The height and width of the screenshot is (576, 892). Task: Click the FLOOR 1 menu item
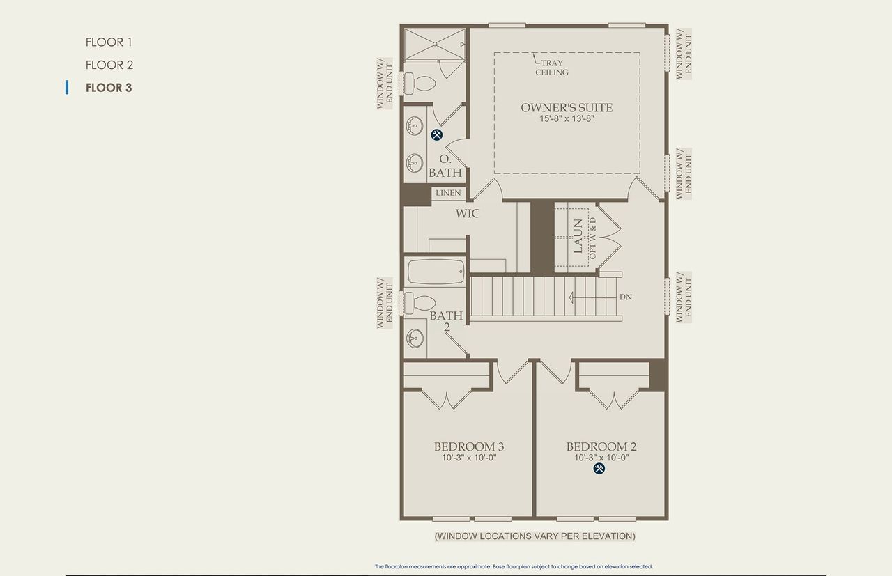click(x=109, y=42)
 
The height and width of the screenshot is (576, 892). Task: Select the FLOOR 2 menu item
click(x=109, y=65)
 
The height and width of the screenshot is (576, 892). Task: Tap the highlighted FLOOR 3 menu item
click(x=109, y=88)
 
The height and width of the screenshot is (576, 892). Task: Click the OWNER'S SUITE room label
click(x=567, y=107)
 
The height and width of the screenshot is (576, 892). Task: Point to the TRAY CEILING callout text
click(x=551, y=68)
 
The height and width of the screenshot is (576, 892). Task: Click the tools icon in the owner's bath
click(x=437, y=135)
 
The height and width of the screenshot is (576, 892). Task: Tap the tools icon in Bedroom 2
click(x=599, y=469)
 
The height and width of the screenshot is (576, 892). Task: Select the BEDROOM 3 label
click(x=469, y=446)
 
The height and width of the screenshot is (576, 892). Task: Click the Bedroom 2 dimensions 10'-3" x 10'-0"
click(x=601, y=458)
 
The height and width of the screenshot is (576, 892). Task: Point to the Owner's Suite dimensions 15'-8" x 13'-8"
click(x=567, y=119)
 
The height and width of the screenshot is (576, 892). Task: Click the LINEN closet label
click(x=448, y=193)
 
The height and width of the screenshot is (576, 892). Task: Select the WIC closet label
click(x=468, y=213)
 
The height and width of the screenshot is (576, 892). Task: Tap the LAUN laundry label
click(x=578, y=236)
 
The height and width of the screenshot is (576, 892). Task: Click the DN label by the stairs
click(x=626, y=297)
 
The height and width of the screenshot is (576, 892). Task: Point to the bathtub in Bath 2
click(x=436, y=272)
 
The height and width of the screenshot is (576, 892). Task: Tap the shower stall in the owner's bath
click(x=435, y=45)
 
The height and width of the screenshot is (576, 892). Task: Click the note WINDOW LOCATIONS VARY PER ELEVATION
click(x=535, y=536)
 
